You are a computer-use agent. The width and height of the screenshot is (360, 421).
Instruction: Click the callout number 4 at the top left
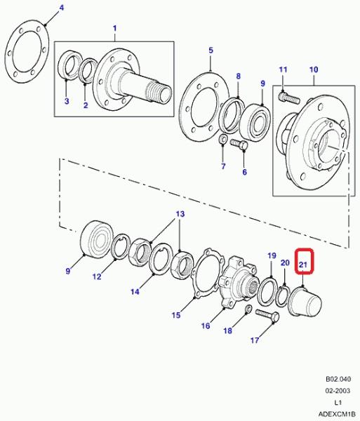62,8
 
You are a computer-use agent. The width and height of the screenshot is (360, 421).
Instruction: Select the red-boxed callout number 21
303,265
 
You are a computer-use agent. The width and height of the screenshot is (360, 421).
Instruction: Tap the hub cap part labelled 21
305,301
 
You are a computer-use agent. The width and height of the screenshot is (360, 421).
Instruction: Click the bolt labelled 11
288,98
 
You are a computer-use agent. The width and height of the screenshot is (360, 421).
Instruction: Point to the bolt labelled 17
267,316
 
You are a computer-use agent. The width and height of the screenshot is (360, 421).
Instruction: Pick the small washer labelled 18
248,309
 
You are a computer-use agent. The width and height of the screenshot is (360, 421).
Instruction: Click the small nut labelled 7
223,140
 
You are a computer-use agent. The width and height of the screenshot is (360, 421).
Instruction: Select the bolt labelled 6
239,145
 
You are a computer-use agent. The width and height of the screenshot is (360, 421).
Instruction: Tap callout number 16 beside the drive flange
206,326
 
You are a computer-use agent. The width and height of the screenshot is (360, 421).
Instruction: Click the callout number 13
180,214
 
